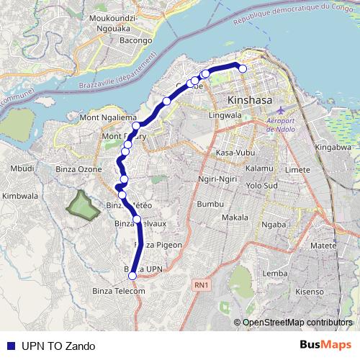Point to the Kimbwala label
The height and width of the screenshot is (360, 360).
coord(19,195)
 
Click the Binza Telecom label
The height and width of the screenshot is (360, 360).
coord(119,290)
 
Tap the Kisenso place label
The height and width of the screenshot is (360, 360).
coord(310,292)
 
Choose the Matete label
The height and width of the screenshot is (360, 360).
coord(324,246)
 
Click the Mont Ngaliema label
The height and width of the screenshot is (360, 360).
coord(106,117)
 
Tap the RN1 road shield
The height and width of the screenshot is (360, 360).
coord(201,286)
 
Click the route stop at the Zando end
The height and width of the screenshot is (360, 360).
coord(243,69)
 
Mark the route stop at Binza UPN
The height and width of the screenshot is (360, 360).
coord(132,276)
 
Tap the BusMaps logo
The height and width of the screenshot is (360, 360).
coord(325,345)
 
